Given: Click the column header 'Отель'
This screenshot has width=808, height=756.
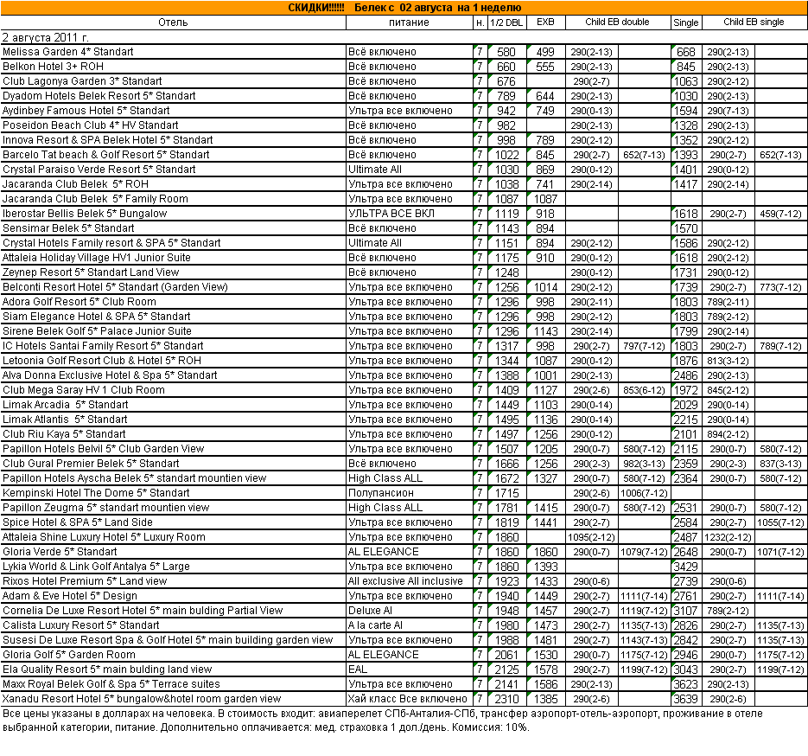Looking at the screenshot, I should click(x=173, y=22).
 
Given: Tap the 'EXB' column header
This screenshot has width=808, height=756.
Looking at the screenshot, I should click(x=545, y=22).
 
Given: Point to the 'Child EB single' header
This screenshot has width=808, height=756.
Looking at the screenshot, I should click(x=754, y=22).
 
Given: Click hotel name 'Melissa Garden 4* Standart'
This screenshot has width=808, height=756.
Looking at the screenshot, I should click(x=68, y=53).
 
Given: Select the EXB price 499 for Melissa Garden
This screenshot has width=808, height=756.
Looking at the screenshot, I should click(x=545, y=53).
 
